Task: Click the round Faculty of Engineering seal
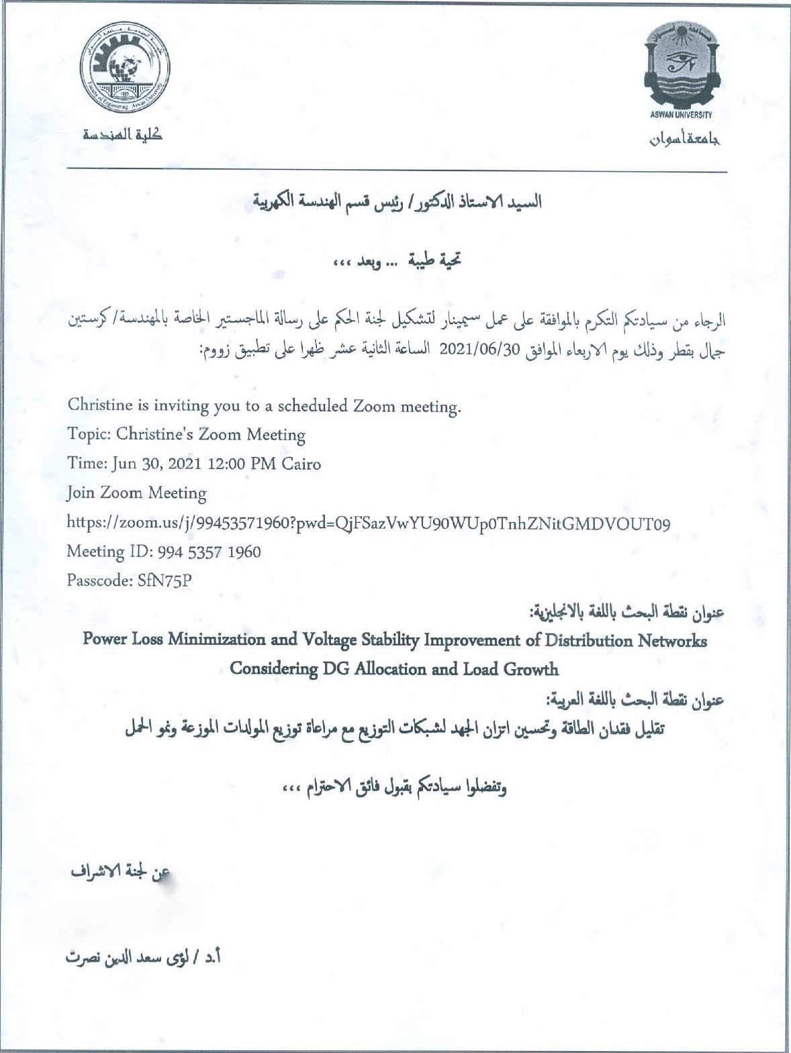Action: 126,70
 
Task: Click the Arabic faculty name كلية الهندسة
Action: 123,135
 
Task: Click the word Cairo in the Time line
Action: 301,464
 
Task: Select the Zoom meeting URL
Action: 368,523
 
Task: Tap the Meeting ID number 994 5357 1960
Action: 210,552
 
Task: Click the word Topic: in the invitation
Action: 89,434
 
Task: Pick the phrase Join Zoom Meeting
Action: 136,493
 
